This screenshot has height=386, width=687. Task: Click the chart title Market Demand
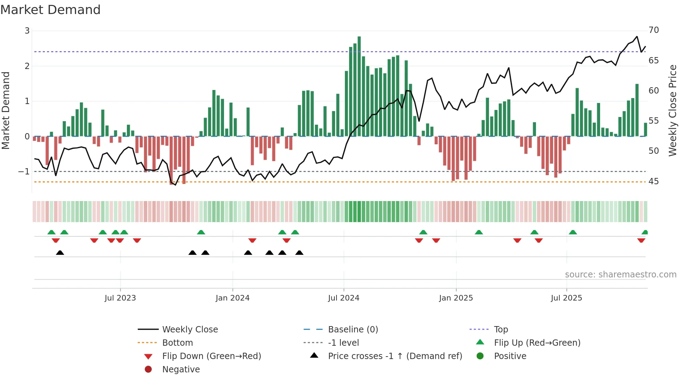[50, 10]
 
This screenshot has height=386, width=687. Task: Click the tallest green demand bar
[359, 86]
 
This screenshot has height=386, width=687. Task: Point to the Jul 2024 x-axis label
[343, 298]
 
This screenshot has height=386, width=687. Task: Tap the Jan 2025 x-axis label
[456, 298]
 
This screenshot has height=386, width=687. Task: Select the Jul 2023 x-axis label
[120, 298]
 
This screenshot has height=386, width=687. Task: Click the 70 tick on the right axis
[654, 30]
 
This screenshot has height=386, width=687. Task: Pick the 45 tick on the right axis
[654, 181]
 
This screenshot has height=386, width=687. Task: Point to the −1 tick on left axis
[24, 172]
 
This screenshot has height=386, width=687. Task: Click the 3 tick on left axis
[27, 31]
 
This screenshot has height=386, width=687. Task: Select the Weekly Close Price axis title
[672, 110]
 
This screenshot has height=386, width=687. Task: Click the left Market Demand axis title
[6, 110]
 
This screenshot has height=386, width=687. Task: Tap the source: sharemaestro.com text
[620, 275]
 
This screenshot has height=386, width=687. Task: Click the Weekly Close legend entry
[190, 330]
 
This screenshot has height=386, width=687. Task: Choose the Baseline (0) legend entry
[353, 330]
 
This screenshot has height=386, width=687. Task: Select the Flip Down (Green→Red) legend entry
[211, 356]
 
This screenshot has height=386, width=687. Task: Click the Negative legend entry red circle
[148, 370]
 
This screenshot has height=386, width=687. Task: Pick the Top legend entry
[501, 330]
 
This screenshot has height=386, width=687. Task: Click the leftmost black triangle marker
[60, 253]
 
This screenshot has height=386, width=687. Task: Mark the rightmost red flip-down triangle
[641, 240]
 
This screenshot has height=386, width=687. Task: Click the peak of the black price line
[637, 36]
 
